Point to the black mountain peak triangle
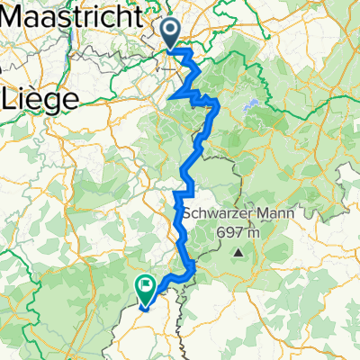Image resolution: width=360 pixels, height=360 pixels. pos(239,253)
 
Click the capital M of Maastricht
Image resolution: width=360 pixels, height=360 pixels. pos(13,16)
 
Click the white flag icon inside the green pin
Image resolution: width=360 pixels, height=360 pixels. pos(146,283)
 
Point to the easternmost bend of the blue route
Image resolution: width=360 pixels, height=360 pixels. pos(219,108)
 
